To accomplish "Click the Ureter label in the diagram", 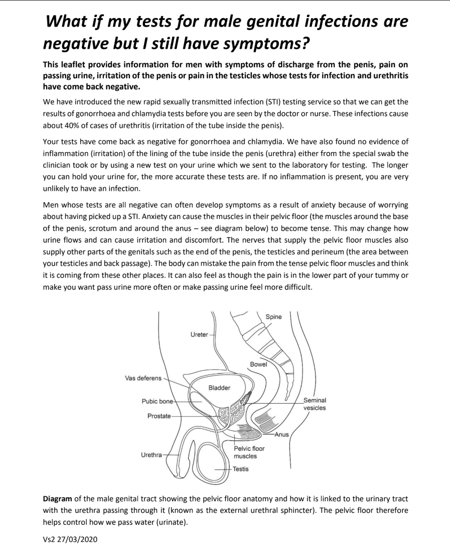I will pyautogui.click(x=199, y=335).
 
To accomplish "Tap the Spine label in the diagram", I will pyautogui.click(x=273, y=317).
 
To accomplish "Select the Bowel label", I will pyautogui.click(x=258, y=364).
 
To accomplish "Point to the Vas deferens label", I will pyautogui.click(x=143, y=378).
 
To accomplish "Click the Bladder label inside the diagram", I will pyautogui.click(x=219, y=388).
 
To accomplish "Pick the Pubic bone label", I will pyautogui.click(x=157, y=401).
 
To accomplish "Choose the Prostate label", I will pyautogui.click(x=159, y=416).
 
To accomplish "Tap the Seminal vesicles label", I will pyautogui.click(x=315, y=404).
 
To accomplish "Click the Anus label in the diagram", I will pyautogui.click(x=281, y=434).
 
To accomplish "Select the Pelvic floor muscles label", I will pyautogui.click(x=249, y=452).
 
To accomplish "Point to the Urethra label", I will pyautogui.click(x=152, y=455).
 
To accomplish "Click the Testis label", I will pyautogui.click(x=240, y=469).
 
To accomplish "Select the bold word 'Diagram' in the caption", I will pyautogui.click(x=57, y=499).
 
